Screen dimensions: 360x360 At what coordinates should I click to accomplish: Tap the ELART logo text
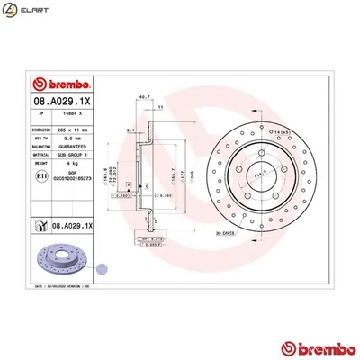[x=35, y=14]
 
